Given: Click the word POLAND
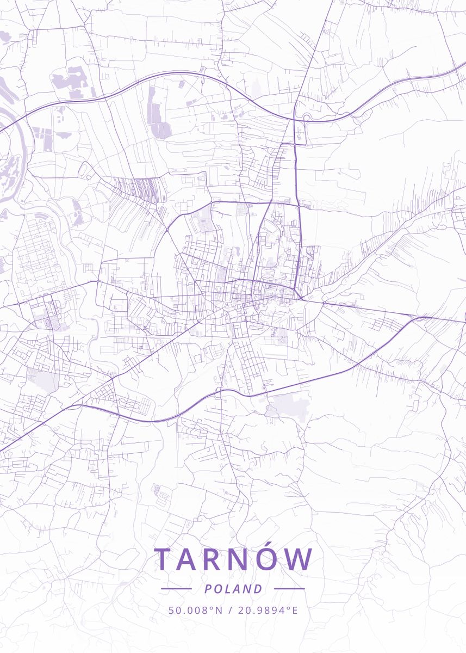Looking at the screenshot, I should [x=233, y=589].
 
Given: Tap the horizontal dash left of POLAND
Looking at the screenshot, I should [x=176, y=589].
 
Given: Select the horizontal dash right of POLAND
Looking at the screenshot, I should [x=289, y=589].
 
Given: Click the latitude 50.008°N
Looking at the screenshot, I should [x=196, y=610].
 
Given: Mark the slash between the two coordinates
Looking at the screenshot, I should [x=231, y=610].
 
